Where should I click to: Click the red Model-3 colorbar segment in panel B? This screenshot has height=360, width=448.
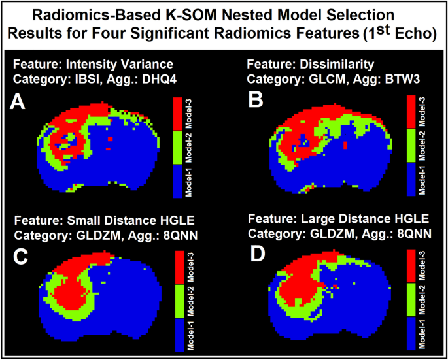(411, 112)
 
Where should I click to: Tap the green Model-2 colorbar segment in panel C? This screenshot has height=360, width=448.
(180, 301)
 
